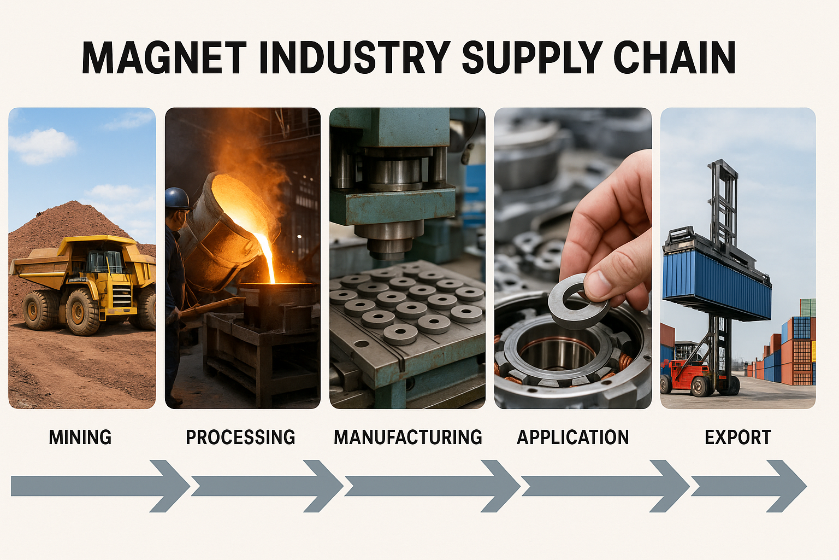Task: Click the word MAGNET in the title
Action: click(164, 58)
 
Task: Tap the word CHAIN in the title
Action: click(675, 58)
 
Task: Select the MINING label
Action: click(80, 437)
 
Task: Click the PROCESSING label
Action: click(240, 437)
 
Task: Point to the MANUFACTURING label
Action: click(408, 437)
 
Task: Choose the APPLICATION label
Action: click(572, 437)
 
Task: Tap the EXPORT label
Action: click(738, 437)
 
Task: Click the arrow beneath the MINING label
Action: click(101, 486)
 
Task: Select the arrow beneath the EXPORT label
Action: click(749, 486)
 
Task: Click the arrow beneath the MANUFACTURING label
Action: click(432, 486)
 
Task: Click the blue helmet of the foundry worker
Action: click(178, 199)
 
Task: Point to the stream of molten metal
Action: click(267, 257)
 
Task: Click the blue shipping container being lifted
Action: click(716, 281)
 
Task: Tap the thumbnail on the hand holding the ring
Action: click(599, 280)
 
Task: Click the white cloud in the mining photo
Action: click(42, 146)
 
